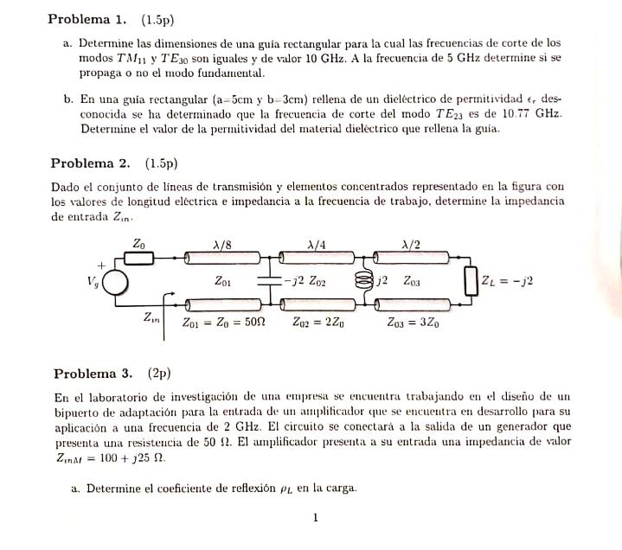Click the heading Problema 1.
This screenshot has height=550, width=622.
(x=87, y=19)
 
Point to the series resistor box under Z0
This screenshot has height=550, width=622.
(x=141, y=258)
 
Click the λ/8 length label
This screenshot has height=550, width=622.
(x=222, y=244)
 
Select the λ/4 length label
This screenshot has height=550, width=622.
(x=317, y=244)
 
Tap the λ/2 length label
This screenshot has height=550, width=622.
(x=413, y=244)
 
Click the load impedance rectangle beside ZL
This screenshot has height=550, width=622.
(x=471, y=281)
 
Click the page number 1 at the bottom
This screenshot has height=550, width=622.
(x=317, y=518)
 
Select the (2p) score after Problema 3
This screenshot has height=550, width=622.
(x=159, y=374)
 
